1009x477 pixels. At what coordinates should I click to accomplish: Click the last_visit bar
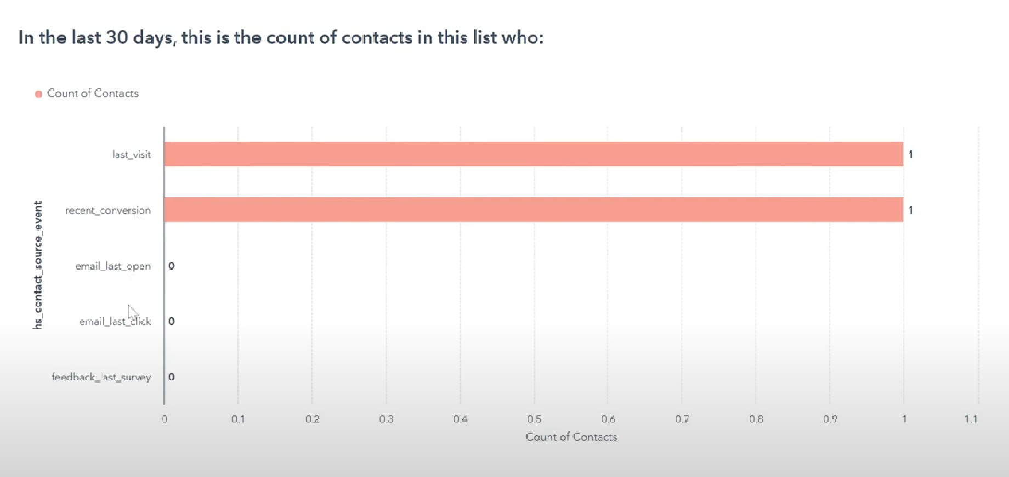534,154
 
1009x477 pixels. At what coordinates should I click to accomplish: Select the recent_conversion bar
534,210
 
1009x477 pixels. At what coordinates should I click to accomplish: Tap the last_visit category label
132,155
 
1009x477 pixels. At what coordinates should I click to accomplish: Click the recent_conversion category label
108,210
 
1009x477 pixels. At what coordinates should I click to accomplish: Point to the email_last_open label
113,266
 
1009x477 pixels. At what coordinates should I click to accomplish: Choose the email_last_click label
115,322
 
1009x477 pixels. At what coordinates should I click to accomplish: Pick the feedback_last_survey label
101,377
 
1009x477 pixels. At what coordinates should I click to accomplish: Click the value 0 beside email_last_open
172,266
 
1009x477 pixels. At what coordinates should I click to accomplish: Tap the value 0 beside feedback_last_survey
172,377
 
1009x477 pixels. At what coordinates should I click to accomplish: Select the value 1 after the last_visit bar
911,154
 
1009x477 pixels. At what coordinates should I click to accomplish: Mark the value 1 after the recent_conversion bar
911,210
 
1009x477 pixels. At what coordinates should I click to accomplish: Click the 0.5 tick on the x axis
535,419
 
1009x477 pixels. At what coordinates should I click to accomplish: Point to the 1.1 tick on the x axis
971,419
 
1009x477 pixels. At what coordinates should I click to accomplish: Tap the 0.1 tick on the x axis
238,419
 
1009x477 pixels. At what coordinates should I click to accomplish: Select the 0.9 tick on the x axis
830,419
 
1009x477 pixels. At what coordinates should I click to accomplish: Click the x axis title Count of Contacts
571,437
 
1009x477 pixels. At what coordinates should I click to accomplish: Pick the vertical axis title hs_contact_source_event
38,265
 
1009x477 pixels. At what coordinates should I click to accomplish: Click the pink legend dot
39,94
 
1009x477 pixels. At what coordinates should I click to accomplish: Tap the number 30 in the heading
117,37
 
